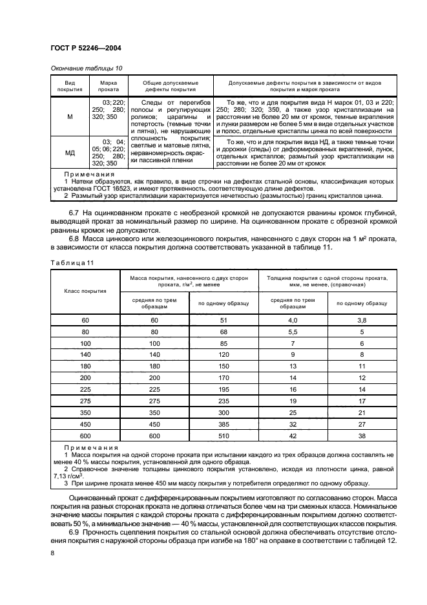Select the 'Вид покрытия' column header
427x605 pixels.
70,87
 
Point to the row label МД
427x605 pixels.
70,153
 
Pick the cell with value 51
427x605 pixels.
224,321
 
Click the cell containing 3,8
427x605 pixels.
362,321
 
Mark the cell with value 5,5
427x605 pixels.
293,332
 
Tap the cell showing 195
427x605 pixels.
224,389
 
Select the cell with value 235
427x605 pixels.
224,401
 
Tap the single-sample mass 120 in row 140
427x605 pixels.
224,355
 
